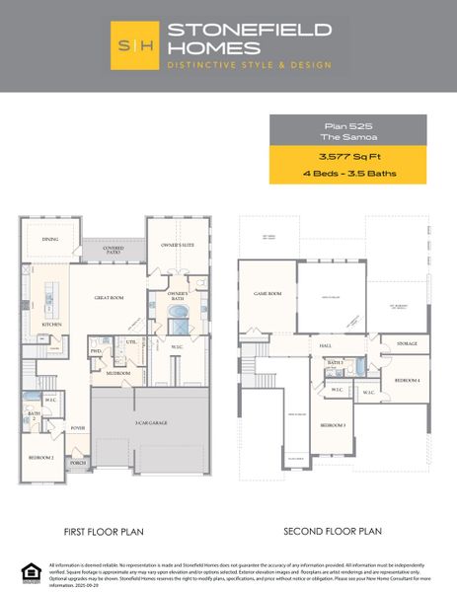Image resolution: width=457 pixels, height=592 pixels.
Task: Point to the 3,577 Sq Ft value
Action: (346, 156)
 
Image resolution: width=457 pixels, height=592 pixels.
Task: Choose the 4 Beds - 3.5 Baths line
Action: (346, 174)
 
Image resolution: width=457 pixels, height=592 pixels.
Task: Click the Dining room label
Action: (50, 239)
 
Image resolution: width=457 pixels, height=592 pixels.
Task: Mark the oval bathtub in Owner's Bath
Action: (179, 313)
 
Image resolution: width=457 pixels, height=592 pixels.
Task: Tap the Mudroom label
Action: (119, 374)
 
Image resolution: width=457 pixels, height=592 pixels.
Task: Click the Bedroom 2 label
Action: (41, 458)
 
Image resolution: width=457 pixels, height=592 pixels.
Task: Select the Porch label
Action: (78, 462)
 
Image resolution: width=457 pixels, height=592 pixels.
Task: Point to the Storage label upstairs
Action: (407, 344)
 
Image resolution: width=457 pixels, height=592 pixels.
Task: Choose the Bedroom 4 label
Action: (407, 379)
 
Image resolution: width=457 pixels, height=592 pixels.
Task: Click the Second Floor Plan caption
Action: (332, 531)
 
